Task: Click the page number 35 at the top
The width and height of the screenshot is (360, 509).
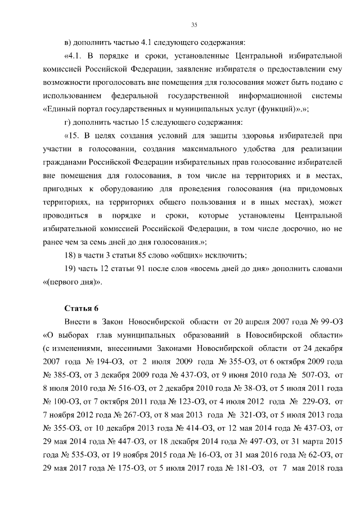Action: (x=194, y=24)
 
